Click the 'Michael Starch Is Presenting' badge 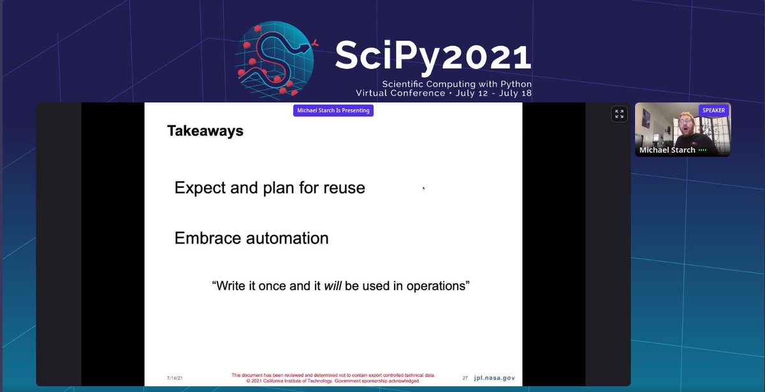333,110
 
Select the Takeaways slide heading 205,132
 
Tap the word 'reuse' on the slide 343,188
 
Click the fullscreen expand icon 618,114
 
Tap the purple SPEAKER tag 713,110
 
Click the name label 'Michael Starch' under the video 667,150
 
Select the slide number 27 465,378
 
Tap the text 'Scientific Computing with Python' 456,84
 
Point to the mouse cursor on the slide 424,188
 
